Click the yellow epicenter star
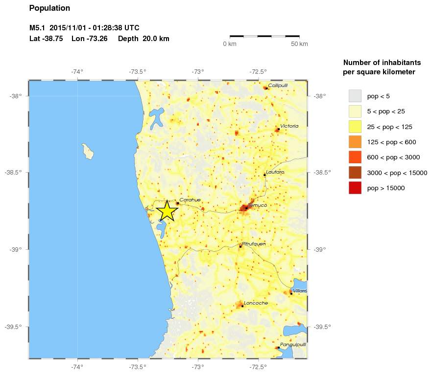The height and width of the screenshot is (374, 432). (x=167, y=211)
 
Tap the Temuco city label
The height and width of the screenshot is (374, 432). (x=257, y=205)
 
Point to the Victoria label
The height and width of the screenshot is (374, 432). (x=289, y=126)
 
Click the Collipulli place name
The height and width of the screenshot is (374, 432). (x=278, y=85)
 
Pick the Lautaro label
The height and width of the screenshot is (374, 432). (x=275, y=172)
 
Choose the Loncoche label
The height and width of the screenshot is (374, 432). (x=255, y=303)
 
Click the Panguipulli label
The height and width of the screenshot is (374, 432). (x=293, y=344)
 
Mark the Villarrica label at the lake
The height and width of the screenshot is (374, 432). (x=300, y=291)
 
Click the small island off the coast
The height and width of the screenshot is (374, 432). (x=88, y=151)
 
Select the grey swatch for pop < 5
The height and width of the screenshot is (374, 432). (x=355, y=96)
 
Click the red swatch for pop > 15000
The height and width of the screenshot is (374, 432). (x=355, y=188)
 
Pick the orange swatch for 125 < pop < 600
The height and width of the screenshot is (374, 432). (x=355, y=142)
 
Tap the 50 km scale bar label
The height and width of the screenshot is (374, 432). (x=299, y=44)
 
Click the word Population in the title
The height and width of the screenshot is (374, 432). (x=49, y=8)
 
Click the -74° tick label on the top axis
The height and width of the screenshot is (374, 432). (x=77, y=72)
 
